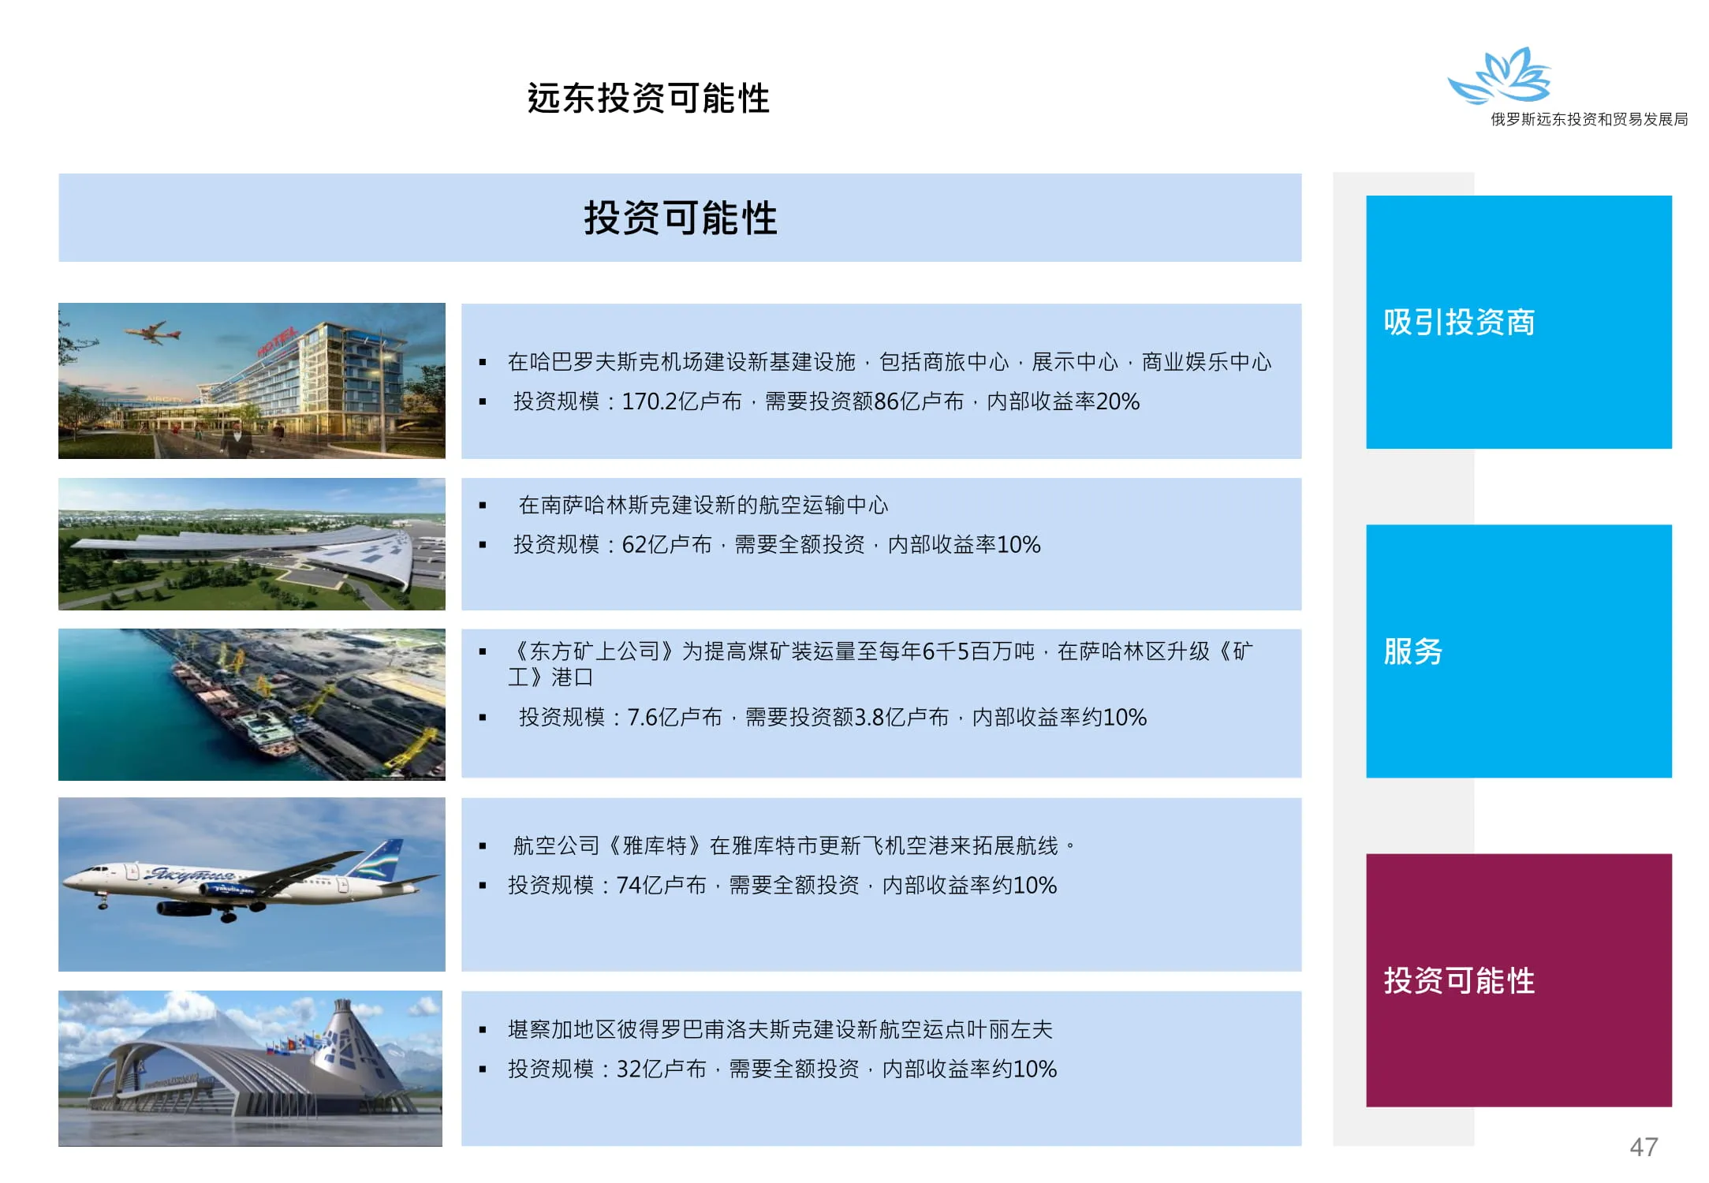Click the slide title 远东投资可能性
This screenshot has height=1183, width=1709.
(648, 99)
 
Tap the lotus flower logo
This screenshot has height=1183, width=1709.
(1499, 76)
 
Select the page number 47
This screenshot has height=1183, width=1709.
(1644, 1147)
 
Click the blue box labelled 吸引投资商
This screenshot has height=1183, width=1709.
(1518, 322)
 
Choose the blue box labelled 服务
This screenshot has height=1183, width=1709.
(1518, 651)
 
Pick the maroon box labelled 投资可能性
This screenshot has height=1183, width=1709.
(1518, 980)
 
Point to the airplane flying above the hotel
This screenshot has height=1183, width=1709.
(156, 332)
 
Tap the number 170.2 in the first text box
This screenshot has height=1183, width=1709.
(649, 401)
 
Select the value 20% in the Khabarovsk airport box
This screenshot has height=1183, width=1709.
(1118, 401)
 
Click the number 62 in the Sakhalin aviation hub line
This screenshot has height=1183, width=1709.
(633, 544)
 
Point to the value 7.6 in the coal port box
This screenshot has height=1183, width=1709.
(642, 717)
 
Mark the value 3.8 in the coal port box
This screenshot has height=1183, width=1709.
(869, 717)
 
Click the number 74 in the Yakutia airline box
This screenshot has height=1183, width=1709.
(629, 885)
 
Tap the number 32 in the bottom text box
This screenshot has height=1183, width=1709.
(629, 1069)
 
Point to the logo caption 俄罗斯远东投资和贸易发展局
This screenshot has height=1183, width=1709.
(1589, 119)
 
